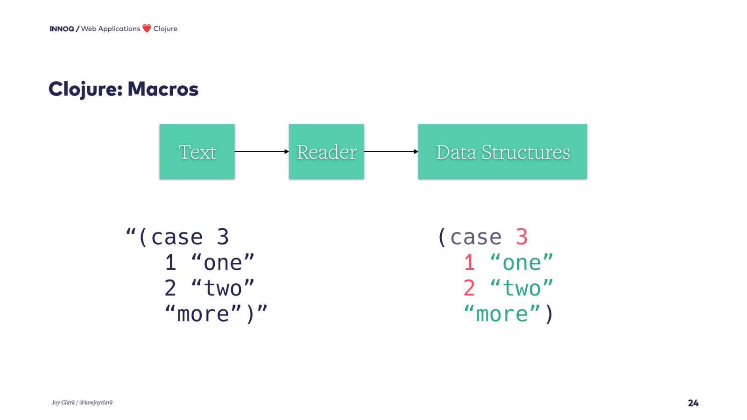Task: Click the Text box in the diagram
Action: coord(197,152)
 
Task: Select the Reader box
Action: coord(326,152)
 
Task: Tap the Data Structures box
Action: coord(502,152)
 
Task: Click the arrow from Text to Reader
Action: coord(261,152)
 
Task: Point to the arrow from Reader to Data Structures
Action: coord(391,152)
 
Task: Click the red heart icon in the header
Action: coord(147,28)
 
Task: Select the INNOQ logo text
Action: coord(62,29)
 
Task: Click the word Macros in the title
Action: coord(163,89)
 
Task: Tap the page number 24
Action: coord(693,403)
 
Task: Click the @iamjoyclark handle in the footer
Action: coord(96,402)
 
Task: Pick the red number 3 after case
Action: coord(521,237)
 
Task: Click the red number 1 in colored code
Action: coord(469,263)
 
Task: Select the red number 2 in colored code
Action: coord(469,288)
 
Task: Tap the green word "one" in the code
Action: coord(521,263)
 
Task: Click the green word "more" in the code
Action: coord(502,314)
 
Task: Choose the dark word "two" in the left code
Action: coord(223,288)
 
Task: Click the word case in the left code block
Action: coord(177,237)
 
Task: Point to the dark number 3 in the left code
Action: coord(223,237)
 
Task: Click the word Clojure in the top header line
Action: coord(165,29)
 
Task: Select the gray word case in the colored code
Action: coord(476,237)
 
